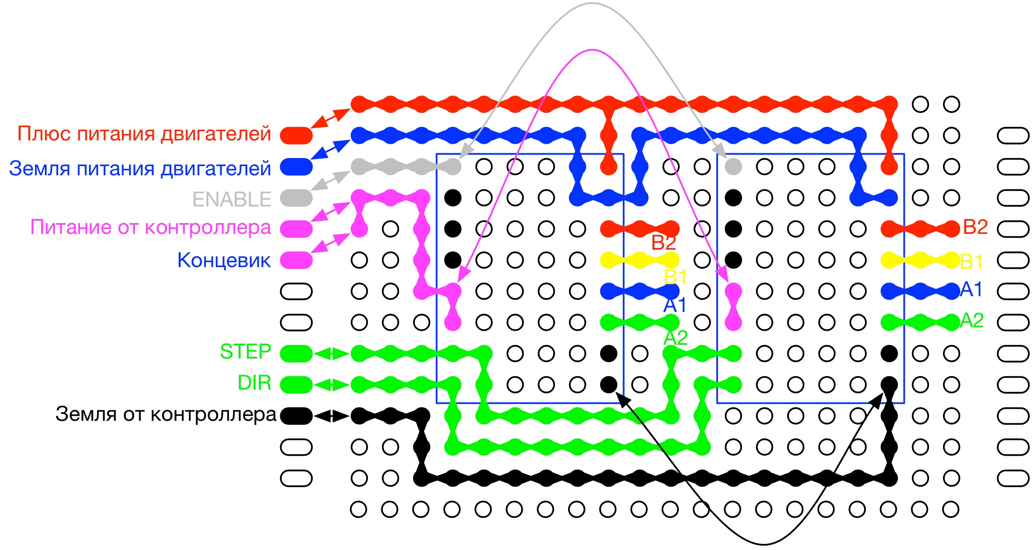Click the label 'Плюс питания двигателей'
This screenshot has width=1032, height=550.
coord(144,134)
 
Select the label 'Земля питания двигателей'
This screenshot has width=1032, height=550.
coord(140,169)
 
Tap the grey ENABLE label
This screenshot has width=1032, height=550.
coord(232,199)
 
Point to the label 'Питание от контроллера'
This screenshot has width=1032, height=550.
coord(150,227)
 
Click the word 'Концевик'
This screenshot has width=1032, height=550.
coord(224,260)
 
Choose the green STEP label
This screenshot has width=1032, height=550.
coord(245,352)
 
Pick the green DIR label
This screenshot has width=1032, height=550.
coord(254,383)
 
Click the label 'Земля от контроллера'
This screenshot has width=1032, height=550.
coord(165,415)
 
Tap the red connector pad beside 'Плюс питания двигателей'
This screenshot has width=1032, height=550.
coord(296,135)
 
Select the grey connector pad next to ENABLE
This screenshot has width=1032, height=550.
coord(296,198)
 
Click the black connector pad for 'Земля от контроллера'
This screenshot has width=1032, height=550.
coord(296,416)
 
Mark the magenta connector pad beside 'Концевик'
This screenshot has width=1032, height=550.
coord(296,260)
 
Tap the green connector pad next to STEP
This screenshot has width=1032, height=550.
coord(296,354)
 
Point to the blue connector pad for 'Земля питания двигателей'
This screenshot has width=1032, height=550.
coord(296,167)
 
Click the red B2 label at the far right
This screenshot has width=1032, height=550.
coord(975,227)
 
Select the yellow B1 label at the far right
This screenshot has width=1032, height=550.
coord(971,262)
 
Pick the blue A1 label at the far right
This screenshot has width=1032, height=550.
coord(971,290)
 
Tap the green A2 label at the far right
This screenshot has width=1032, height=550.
coord(972,321)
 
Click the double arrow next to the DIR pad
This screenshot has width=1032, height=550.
coord(331,385)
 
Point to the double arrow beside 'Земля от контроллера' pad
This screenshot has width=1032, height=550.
coord(331,416)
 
